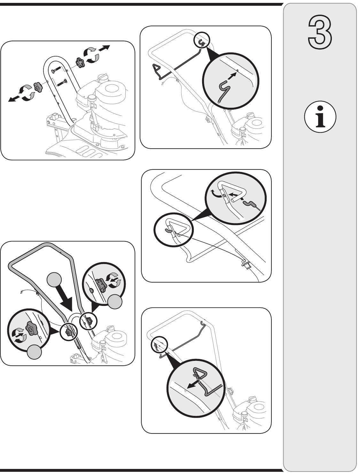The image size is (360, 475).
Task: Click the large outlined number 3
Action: [x=320, y=33]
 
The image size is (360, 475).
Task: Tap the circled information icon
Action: [x=320, y=117]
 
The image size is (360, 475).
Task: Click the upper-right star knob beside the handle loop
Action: [x=80, y=63]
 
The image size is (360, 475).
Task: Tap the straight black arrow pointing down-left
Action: [x=14, y=98]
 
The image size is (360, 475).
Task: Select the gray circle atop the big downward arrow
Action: [x=54, y=280]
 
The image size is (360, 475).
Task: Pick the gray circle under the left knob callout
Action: [x=35, y=352]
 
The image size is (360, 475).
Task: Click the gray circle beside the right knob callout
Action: [x=115, y=301]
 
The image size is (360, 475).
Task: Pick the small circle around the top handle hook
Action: [x=202, y=40]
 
